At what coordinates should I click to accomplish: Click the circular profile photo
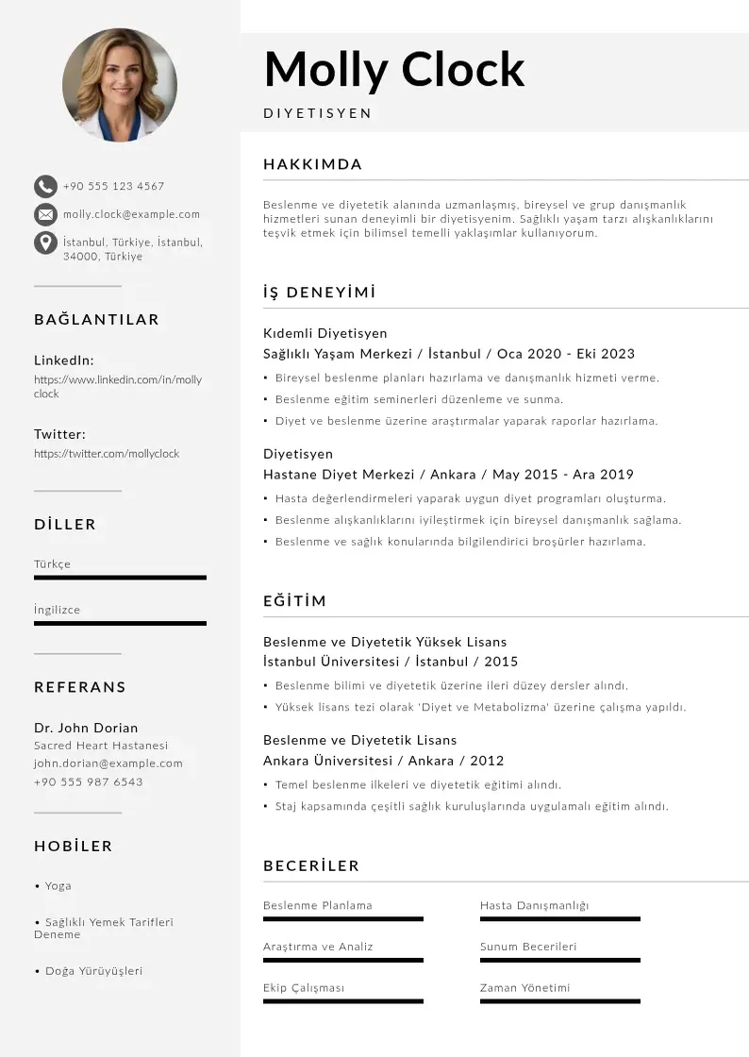[120, 85]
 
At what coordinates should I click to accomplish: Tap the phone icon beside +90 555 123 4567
[45, 186]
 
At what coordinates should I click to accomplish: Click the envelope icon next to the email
[45, 214]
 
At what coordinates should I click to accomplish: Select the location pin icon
[45, 243]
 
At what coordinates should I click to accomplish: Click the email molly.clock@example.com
[131, 214]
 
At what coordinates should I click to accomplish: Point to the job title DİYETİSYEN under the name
[317, 113]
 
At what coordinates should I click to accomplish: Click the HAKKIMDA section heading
[312, 164]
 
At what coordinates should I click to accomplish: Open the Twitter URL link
[107, 454]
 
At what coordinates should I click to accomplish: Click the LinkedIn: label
[63, 361]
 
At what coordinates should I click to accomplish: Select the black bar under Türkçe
[120, 578]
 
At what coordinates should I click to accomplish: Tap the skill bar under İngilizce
[120, 623]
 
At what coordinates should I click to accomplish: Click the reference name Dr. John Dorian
[86, 728]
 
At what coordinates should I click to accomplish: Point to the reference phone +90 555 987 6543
[89, 782]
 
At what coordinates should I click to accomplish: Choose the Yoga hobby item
[58, 886]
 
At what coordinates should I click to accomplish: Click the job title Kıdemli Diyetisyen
[325, 333]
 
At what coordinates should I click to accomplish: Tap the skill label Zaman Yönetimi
[524, 988]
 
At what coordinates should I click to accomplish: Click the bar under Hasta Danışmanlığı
[559, 918]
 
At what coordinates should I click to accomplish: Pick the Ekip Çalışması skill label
[304, 988]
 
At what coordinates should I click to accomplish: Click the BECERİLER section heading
[311, 866]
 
